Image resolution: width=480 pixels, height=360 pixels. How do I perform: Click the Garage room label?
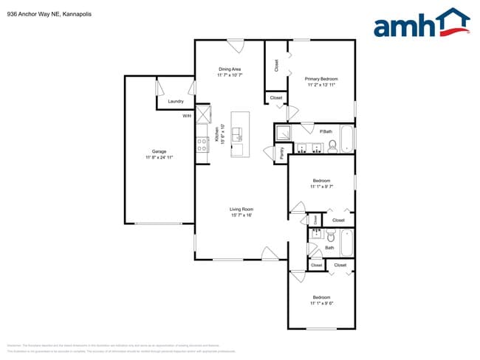(x=159, y=151)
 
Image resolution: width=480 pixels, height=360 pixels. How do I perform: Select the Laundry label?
(x=176, y=101)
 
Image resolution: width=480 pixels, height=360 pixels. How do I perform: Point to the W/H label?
(x=187, y=116)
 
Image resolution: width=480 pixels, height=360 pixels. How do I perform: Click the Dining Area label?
(x=230, y=69)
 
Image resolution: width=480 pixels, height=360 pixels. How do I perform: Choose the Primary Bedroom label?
(x=323, y=79)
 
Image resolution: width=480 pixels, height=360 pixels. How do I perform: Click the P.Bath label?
(x=325, y=131)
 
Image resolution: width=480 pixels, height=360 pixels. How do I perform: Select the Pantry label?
(x=281, y=153)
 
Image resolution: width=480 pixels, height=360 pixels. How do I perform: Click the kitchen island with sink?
(x=240, y=134)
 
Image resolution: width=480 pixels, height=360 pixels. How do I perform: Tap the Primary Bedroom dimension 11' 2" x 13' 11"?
(x=322, y=85)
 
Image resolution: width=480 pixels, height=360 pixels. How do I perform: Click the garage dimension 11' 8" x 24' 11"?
(x=159, y=157)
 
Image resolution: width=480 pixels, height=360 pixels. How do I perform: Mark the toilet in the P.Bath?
(x=332, y=145)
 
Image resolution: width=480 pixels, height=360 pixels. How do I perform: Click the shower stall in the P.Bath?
(x=284, y=133)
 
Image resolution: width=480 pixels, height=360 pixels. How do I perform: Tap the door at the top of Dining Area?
(x=235, y=46)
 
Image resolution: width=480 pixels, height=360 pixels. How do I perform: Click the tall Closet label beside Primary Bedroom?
(x=275, y=66)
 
